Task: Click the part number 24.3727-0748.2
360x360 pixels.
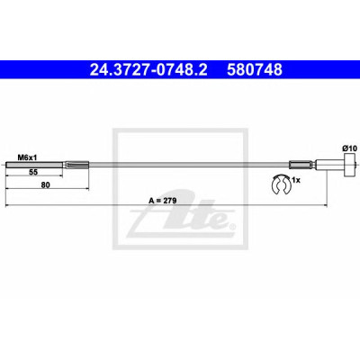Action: pyautogui.click(x=148, y=70)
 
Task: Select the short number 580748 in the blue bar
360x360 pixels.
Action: pyautogui.click(x=255, y=70)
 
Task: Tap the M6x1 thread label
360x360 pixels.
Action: pyautogui.click(x=25, y=157)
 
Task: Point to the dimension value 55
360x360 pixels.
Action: pyautogui.click(x=33, y=172)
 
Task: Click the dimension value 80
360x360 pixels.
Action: pyautogui.click(x=45, y=185)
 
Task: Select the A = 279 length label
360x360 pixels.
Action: pyautogui.click(x=163, y=201)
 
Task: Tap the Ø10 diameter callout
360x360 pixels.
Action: pyautogui.click(x=349, y=148)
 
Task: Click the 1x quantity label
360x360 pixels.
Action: pyautogui.click(x=296, y=180)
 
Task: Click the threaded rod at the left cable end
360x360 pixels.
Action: pyautogui.click(x=34, y=165)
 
